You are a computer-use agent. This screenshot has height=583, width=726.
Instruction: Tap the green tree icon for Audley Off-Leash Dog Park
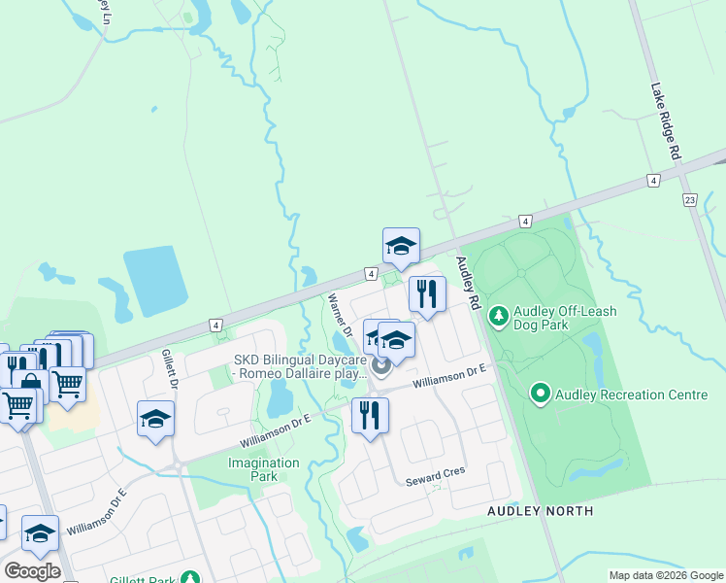point(499,316)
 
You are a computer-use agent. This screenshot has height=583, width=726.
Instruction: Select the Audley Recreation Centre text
point(617,394)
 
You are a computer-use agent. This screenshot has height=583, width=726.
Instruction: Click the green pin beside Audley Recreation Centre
point(540,394)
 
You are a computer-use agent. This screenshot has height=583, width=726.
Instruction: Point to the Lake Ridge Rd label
point(667,121)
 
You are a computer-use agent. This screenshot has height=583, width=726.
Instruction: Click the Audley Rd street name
point(466,283)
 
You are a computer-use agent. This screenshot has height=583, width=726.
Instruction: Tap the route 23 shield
point(690,200)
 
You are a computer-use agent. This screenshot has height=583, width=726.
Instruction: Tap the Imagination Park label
point(264,469)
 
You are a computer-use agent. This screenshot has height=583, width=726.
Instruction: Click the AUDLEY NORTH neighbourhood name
point(541,510)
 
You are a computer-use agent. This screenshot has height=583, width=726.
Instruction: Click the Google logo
point(32,570)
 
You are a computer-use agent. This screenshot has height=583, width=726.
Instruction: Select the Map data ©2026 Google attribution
point(666,575)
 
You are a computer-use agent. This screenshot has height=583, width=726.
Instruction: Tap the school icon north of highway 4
point(401,247)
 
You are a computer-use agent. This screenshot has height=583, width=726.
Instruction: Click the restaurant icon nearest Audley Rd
point(427,293)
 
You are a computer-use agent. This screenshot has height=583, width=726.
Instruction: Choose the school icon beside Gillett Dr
point(155,419)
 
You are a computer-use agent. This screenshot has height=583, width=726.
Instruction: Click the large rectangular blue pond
point(155,281)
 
